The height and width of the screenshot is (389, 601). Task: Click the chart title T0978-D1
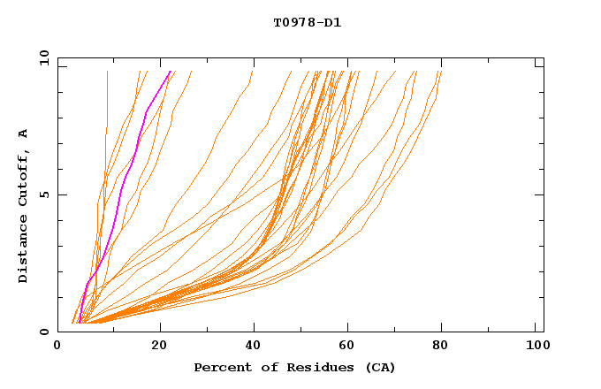[x=307, y=23]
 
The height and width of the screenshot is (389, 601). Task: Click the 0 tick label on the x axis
[x=58, y=347]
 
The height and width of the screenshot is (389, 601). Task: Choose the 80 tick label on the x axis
[x=441, y=347]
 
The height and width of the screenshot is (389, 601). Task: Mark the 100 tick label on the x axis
[x=536, y=347]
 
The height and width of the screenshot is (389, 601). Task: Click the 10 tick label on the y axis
[x=43, y=58]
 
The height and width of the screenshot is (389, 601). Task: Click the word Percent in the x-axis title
[x=219, y=367]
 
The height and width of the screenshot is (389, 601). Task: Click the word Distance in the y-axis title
[x=23, y=251]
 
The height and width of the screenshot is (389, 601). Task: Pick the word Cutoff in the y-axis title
[x=23, y=174]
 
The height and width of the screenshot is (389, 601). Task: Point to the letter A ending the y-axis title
[x=23, y=133]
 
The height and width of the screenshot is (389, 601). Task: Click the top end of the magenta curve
[x=171, y=72]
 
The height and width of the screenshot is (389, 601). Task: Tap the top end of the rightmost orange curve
[x=440, y=72]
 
